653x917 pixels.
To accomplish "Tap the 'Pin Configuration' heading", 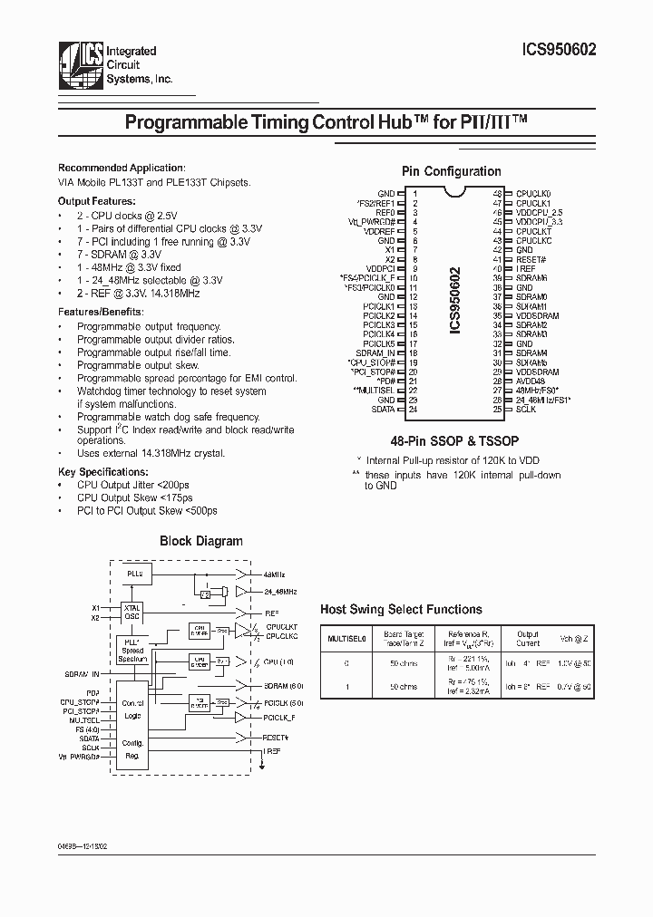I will click(x=451, y=171).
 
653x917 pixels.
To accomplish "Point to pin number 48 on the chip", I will click(x=497, y=193).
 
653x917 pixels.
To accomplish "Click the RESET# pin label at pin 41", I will click(x=531, y=258).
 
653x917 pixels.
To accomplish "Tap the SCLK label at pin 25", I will click(x=526, y=410).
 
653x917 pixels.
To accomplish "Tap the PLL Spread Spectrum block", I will click(x=133, y=650).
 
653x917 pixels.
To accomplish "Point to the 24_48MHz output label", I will click(x=282, y=593).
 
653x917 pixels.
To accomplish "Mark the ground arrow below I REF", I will click(x=264, y=765).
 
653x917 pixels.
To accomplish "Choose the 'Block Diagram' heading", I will click(x=201, y=541).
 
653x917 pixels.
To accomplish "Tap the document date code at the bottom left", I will click(x=88, y=844).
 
